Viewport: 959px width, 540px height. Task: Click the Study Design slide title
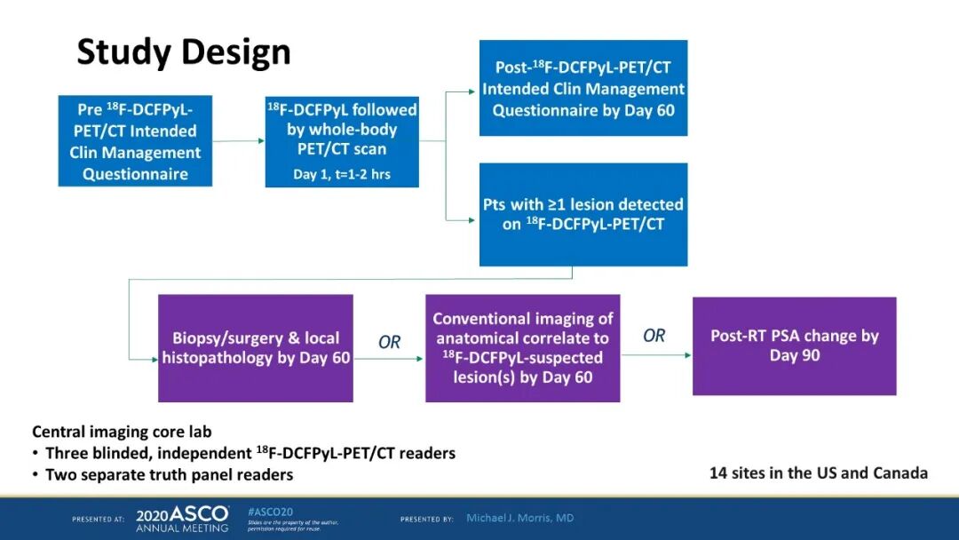(184, 52)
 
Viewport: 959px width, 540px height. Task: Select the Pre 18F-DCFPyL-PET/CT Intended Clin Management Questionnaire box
(135, 141)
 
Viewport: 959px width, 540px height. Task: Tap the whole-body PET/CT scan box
(342, 140)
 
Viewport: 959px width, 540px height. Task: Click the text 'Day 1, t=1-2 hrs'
(342, 174)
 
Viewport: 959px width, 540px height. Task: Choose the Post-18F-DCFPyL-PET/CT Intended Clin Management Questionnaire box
(583, 88)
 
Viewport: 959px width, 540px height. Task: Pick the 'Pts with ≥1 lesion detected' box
(583, 214)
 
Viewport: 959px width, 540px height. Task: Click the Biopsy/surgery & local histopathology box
(256, 348)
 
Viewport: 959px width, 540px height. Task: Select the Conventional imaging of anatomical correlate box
(522, 348)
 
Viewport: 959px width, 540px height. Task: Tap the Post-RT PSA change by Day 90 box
(794, 345)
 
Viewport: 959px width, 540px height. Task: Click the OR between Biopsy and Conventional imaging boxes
(390, 342)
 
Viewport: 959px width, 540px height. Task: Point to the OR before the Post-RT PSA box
(654, 336)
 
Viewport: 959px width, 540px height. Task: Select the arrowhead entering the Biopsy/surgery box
(154, 358)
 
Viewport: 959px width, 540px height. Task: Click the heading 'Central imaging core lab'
(122, 433)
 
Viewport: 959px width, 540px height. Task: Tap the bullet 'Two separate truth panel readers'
(169, 474)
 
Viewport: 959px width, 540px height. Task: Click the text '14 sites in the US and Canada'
(818, 472)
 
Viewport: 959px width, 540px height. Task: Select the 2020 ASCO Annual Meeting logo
(182, 519)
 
